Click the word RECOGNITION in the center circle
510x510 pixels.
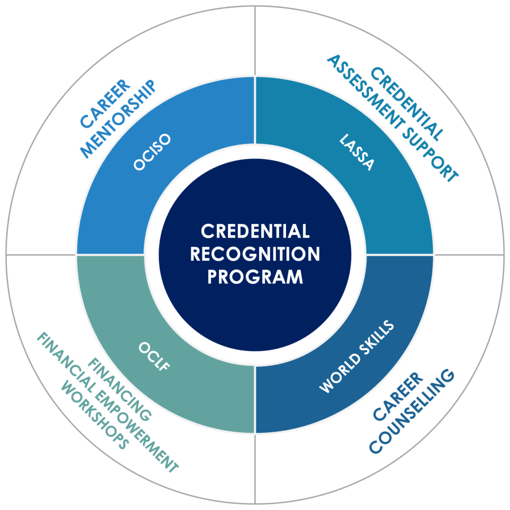pos(255,254)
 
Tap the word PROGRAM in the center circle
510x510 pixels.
pos(255,276)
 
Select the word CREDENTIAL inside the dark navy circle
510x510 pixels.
pos(255,231)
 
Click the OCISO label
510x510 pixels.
pos(152,152)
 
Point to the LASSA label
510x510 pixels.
pos(356,152)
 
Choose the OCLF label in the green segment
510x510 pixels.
pos(154,356)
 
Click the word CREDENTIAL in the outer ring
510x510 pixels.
pos(407,103)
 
